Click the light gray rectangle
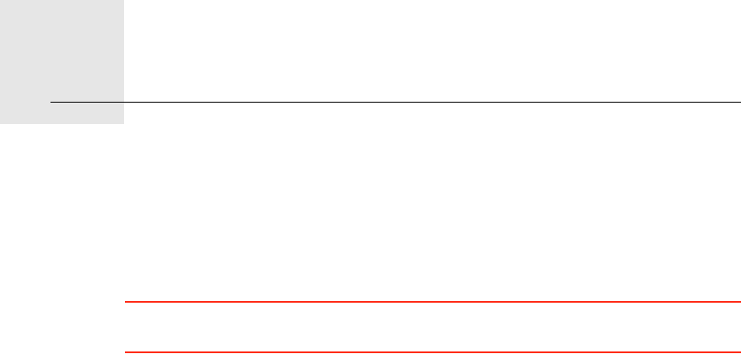(x=62, y=51)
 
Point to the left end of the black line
(x=50, y=103)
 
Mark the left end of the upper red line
(x=125, y=302)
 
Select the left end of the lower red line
(x=125, y=352)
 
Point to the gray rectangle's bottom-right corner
(x=123, y=123)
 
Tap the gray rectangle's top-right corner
(x=123, y=1)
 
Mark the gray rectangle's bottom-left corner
(x=1, y=123)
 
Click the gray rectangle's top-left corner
(x=1, y=1)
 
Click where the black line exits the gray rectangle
(x=124, y=103)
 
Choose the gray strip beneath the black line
(x=62, y=114)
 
